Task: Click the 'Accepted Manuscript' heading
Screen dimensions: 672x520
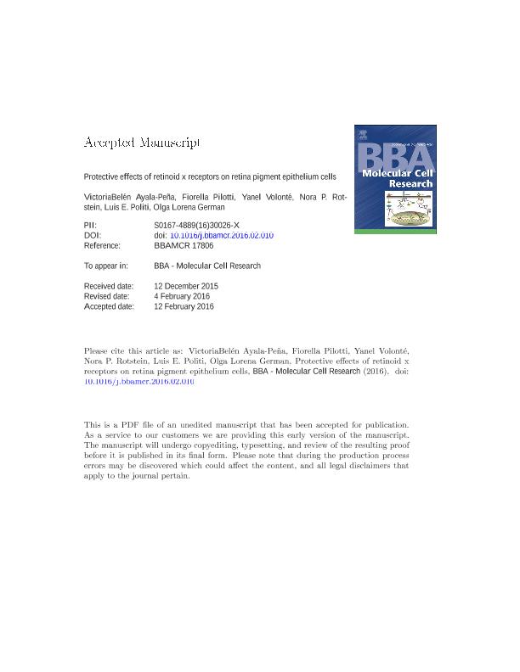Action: (x=142, y=143)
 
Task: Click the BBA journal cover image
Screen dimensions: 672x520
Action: (x=395, y=178)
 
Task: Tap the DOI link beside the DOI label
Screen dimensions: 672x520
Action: (x=222, y=235)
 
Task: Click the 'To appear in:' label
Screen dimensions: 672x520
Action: (x=105, y=266)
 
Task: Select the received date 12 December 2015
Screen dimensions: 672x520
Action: (x=186, y=286)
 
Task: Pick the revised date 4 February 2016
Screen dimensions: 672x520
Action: (x=183, y=296)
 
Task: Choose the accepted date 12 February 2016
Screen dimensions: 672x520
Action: (x=184, y=306)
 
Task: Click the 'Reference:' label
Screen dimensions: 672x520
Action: (x=102, y=245)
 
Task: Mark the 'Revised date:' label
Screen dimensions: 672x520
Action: (x=106, y=296)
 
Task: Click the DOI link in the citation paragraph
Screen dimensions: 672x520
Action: (x=139, y=382)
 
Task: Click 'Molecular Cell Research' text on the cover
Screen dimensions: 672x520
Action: (x=396, y=178)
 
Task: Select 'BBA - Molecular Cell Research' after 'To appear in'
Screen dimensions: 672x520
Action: (x=207, y=266)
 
